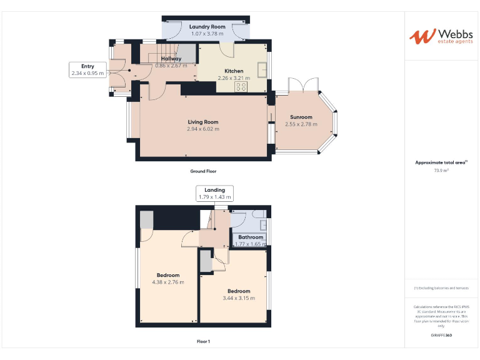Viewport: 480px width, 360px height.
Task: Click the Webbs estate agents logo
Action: [441, 36]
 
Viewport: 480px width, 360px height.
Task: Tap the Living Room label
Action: [203, 122]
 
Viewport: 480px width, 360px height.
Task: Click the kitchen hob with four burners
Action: [241, 87]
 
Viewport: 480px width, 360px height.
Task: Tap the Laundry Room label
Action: [207, 27]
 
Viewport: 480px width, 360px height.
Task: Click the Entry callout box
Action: [87, 69]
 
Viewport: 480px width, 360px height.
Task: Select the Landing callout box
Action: [214, 193]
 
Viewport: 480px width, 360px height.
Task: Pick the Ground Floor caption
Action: [203, 171]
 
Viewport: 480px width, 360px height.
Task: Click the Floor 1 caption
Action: [203, 341]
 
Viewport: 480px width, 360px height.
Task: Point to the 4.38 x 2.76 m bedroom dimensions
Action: [168, 282]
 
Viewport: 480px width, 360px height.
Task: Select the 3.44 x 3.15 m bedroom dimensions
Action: [239, 298]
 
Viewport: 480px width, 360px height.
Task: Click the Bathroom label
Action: [250, 237]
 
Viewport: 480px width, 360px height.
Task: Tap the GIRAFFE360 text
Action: [441, 336]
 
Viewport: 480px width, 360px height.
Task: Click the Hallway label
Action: [171, 59]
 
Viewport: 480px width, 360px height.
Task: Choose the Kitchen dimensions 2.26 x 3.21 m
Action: [234, 78]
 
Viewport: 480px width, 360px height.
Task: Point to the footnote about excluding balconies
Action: [441, 287]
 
